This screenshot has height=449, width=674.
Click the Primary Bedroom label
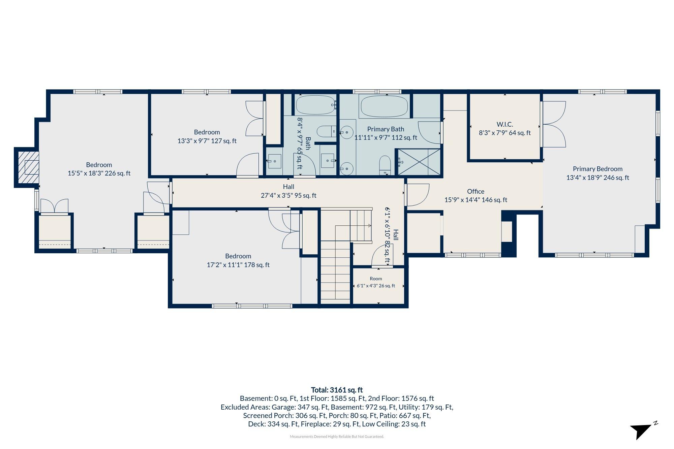coord(598,173)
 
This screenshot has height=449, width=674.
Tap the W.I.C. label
coord(505,129)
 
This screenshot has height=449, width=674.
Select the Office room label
coord(476,196)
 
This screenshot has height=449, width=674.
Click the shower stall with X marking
coord(419,162)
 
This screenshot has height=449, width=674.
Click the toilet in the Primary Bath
coord(385,165)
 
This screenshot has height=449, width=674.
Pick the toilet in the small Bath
coord(326,131)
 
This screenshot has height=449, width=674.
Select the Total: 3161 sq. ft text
coord(337,390)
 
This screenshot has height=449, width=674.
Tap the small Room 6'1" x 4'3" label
coord(376,282)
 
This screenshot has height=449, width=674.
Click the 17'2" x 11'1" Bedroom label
coord(238,260)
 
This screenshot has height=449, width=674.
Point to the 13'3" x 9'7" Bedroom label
coord(207,136)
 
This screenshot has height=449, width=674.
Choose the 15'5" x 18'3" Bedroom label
coord(99,169)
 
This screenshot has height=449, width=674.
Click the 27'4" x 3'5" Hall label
coord(288,191)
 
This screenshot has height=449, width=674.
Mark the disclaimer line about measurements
coord(337,437)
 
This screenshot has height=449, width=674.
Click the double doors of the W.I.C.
coord(553,124)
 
